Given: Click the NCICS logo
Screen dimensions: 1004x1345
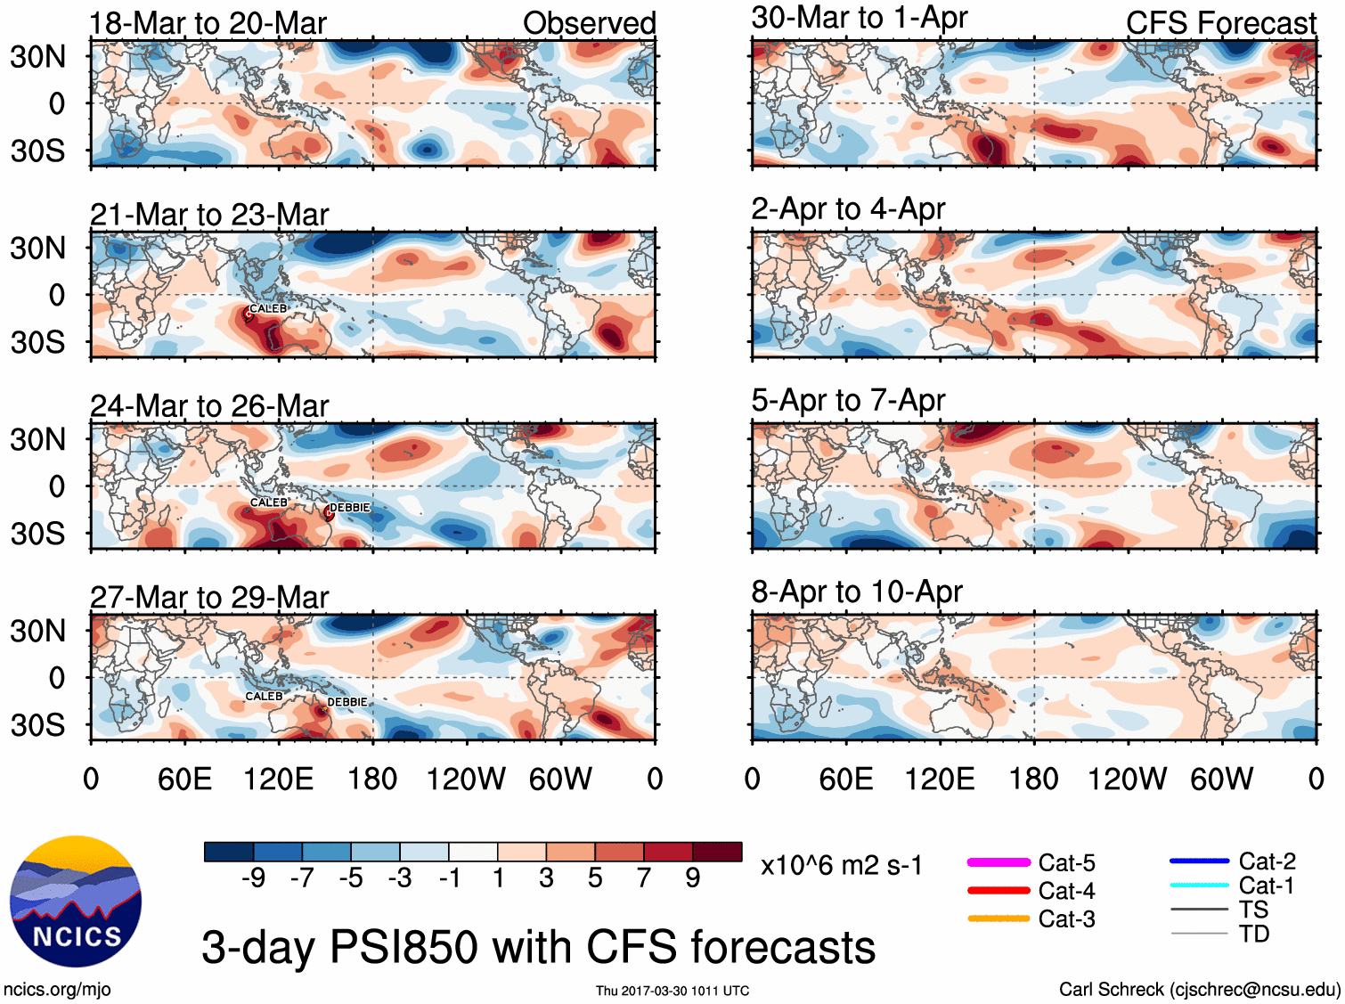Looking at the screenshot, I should pos(75,901).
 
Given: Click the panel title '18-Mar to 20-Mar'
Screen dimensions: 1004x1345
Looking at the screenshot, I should pos(208,23).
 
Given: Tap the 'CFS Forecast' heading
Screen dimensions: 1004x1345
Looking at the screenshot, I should pos(1220,23).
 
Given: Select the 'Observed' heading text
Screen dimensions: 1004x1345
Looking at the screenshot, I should pos(589,23).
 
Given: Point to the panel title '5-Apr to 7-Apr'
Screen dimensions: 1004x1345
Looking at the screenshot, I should pos(847,401).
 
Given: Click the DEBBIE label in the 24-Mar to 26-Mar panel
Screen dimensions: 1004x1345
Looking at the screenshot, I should pos(349,508).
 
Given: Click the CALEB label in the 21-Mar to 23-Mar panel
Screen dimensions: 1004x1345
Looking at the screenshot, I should pos(268,309).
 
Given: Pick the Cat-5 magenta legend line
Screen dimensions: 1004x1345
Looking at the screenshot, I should pos(999,862).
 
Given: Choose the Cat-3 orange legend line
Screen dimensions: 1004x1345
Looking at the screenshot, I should pos(999,918).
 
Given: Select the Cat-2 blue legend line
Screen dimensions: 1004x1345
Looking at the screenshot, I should pos(1199,861).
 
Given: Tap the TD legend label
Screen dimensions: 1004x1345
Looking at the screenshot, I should pos(1253,934).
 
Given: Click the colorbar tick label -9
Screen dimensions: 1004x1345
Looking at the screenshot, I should pos(254,878).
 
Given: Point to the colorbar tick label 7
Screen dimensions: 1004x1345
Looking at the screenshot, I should pos(644,878).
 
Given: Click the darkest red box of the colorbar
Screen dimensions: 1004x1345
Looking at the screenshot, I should pos(717,852).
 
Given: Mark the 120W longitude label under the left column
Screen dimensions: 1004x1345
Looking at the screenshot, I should pos(466,780).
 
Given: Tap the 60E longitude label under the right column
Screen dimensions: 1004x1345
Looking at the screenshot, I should pos(845,780).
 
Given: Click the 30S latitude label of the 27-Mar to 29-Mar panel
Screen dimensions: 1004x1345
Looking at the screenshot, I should pos(38,725).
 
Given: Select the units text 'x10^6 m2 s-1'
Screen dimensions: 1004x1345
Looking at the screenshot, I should pos(842,865).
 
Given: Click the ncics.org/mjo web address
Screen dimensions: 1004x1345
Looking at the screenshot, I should pos(57,989).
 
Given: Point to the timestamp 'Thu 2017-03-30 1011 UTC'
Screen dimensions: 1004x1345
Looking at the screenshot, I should pos(672,991).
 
